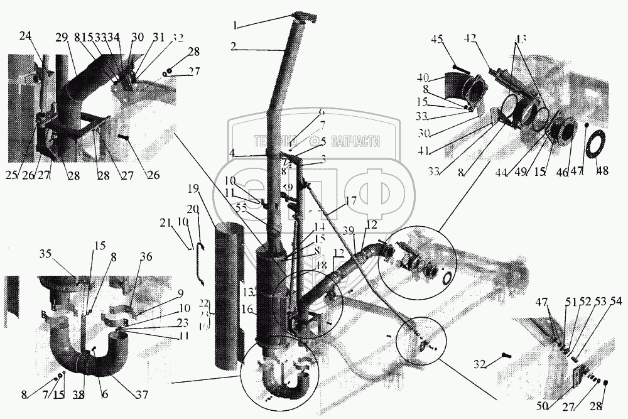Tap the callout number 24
point(25,36)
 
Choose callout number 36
point(145,256)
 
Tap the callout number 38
point(79,395)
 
